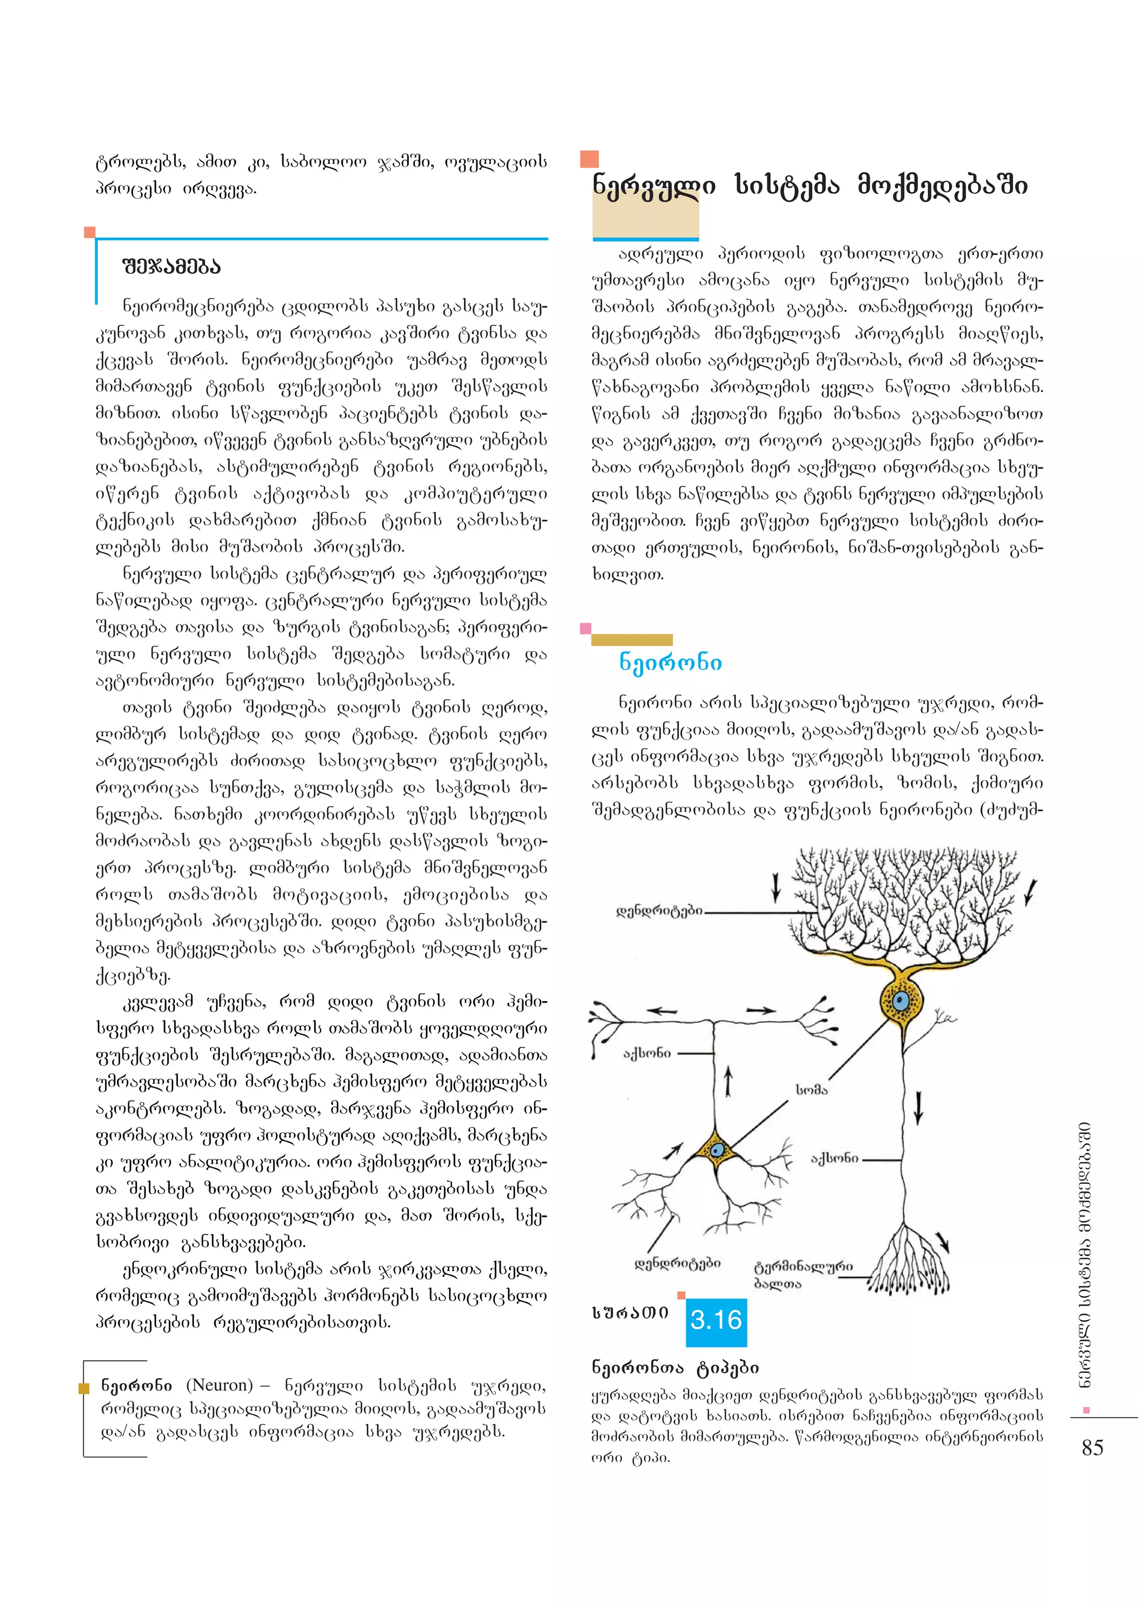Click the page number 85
[1092, 1448]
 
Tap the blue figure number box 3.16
[716, 1320]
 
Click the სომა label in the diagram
[811, 1090]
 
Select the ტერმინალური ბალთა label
[802, 1275]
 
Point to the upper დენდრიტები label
[658, 911]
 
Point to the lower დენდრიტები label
[677, 1263]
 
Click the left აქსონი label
[647, 1053]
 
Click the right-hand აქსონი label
[834, 1158]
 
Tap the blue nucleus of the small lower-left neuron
[717, 1150]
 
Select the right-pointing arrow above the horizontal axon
[761, 1010]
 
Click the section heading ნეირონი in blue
[670, 662]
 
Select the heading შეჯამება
[171, 267]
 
